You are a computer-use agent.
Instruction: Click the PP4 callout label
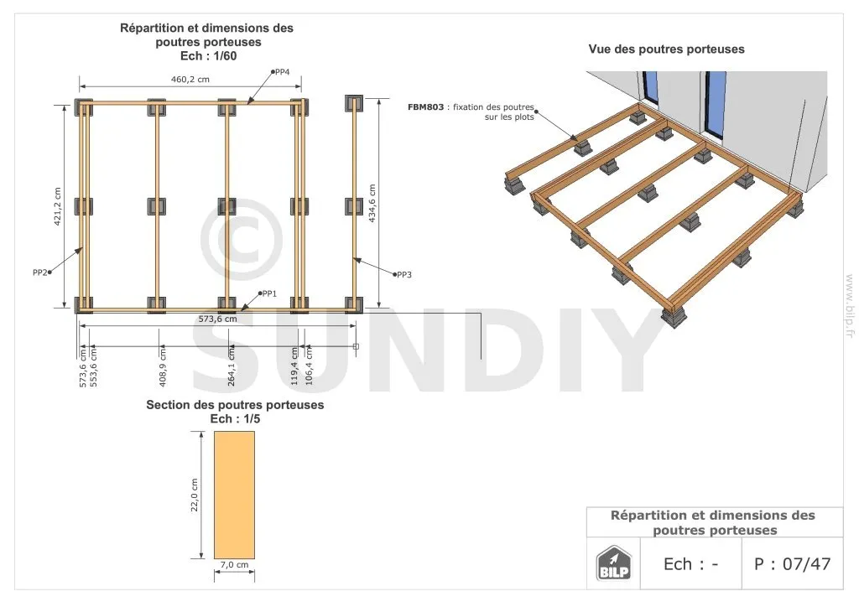282,72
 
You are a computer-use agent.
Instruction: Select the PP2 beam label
40,272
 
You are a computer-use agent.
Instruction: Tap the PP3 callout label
403,275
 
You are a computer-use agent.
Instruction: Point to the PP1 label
269,294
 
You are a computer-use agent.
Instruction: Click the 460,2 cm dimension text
190,80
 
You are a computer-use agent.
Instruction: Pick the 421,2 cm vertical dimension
58,207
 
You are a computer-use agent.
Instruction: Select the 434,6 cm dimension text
372,203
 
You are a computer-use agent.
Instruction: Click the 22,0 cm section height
195,495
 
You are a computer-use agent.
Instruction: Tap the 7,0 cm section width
235,564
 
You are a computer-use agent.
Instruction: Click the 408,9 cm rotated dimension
163,366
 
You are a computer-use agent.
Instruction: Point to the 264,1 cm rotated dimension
232,366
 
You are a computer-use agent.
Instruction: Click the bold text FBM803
425,107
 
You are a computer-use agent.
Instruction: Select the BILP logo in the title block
613,563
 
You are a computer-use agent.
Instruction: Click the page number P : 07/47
792,563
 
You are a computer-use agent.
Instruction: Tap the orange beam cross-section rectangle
235,495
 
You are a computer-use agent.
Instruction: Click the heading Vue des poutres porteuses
666,49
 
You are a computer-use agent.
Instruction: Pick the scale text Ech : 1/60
208,56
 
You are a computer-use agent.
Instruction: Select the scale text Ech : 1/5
235,418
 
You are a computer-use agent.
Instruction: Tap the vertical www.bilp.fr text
850,305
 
